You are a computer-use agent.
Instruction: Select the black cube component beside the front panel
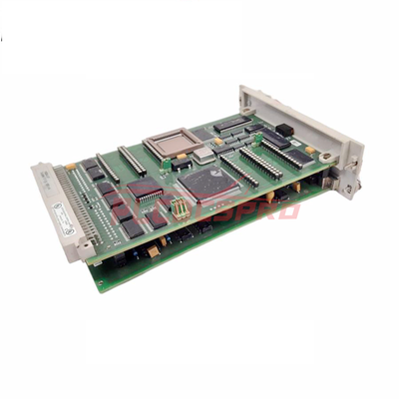click(x=284, y=129)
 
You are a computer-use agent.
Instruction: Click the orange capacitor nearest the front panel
click(x=310, y=150)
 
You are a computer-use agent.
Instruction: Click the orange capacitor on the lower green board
click(x=154, y=250)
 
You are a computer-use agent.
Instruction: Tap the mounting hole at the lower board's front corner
click(x=101, y=282)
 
